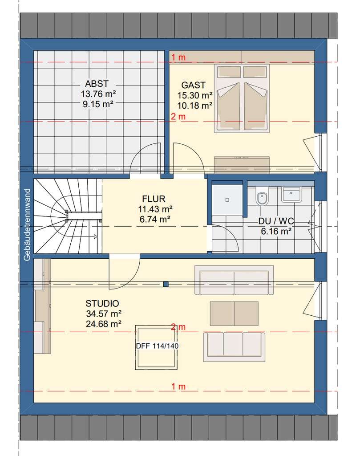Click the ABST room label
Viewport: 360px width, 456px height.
pyautogui.click(x=97, y=84)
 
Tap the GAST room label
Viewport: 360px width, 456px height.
pyautogui.click(x=193, y=85)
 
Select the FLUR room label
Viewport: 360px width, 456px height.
pyautogui.click(x=154, y=199)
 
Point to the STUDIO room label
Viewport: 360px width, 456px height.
pyautogui.click(x=102, y=304)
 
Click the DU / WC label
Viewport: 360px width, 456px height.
pyautogui.click(x=276, y=221)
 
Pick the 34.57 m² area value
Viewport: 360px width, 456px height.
pyautogui.click(x=104, y=314)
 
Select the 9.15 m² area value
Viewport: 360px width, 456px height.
pyautogui.click(x=98, y=104)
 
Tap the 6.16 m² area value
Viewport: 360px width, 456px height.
pyautogui.click(x=276, y=232)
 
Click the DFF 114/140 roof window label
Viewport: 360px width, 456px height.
pyautogui.click(x=157, y=346)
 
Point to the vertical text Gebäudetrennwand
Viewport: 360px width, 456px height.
pyautogui.click(x=27, y=225)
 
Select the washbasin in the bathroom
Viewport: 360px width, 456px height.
pyautogui.click(x=291, y=195)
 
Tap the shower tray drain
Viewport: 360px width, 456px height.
pyautogui.click(x=227, y=200)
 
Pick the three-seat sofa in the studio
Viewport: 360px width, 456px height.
pyautogui.click(x=234, y=347)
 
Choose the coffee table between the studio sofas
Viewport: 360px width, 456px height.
pyautogui.click(x=234, y=313)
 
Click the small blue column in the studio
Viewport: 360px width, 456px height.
pyautogui.click(x=166, y=285)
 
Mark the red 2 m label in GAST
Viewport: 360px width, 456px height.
pyautogui.click(x=178, y=117)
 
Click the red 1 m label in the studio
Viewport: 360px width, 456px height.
pyautogui.click(x=178, y=387)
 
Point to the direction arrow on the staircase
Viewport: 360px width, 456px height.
pyautogui.click(x=95, y=237)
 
